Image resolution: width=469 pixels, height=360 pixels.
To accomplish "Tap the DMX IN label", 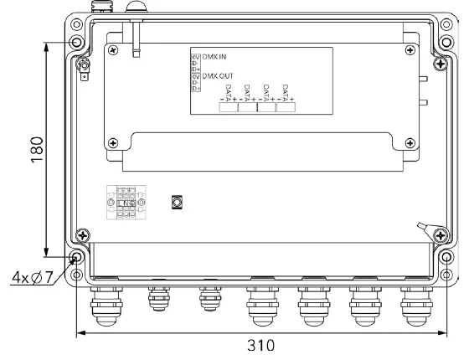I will (x=214, y=56).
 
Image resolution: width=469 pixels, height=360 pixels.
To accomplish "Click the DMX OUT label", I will (x=217, y=75).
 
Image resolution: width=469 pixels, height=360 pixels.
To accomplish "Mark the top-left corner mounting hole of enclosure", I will (x=77, y=42).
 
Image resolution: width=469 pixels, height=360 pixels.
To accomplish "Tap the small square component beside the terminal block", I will (x=177, y=203).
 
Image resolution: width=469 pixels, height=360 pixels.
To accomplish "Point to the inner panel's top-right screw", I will (x=409, y=50).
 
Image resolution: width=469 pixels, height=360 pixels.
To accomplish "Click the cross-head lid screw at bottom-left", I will (x=81, y=236).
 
